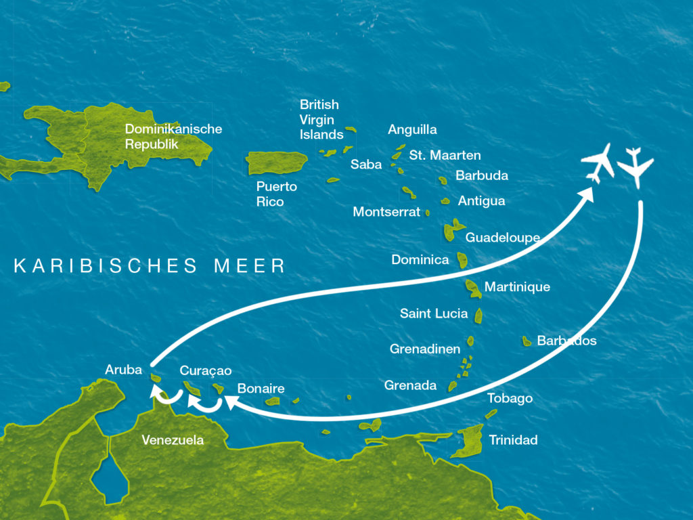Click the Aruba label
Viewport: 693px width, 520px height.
(x=123, y=370)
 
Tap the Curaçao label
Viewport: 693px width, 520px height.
(x=206, y=370)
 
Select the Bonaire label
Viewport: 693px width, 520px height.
(x=261, y=389)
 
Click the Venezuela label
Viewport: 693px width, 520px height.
(x=173, y=440)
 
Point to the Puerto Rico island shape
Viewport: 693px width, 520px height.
(x=276, y=163)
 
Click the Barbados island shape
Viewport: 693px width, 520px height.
(x=527, y=341)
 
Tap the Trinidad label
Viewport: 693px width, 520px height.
(x=513, y=440)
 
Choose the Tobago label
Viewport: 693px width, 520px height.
(x=510, y=398)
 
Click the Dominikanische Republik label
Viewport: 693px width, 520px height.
(x=173, y=136)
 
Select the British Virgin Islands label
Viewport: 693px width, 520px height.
(x=321, y=120)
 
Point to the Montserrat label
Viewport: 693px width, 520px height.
(x=386, y=212)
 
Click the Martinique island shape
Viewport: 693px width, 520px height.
(x=474, y=289)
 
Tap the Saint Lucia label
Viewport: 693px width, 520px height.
(x=434, y=313)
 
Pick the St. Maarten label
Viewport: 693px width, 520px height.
(x=445, y=155)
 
